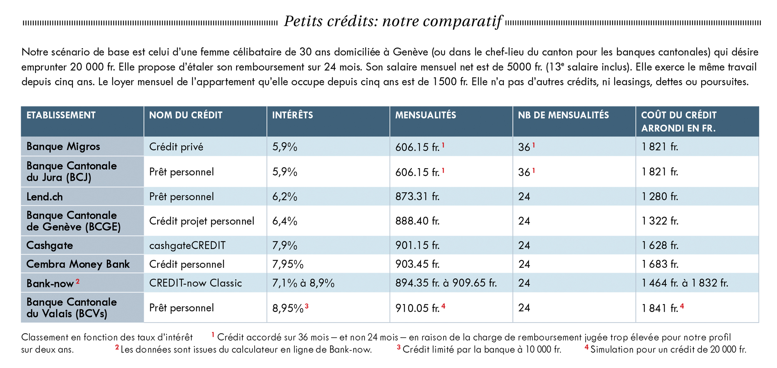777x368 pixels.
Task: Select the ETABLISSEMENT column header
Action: click(x=61, y=115)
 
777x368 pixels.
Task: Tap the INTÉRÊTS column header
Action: click(x=292, y=115)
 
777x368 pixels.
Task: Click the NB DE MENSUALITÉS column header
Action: click(x=563, y=115)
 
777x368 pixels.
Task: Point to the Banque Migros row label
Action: click(x=63, y=146)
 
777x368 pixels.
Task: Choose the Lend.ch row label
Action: click(x=44, y=197)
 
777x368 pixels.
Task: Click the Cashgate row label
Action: click(x=50, y=246)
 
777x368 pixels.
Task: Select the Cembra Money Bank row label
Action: click(x=78, y=264)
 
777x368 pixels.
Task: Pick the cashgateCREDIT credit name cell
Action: click(x=187, y=246)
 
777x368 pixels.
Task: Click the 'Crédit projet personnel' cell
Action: click(x=202, y=221)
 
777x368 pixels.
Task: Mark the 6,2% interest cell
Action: click(x=285, y=197)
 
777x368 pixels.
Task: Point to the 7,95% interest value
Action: click(x=288, y=264)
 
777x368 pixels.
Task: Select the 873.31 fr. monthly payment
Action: click(x=417, y=197)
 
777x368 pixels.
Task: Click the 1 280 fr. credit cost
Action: click(x=660, y=197)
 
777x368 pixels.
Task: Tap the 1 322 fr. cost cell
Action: click(x=660, y=221)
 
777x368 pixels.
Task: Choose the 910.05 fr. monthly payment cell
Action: click(x=417, y=308)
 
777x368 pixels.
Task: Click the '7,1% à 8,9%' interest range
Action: click(x=303, y=283)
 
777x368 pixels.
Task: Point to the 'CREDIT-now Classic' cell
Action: click(x=195, y=283)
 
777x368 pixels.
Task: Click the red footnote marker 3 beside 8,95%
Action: click(x=307, y=306)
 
